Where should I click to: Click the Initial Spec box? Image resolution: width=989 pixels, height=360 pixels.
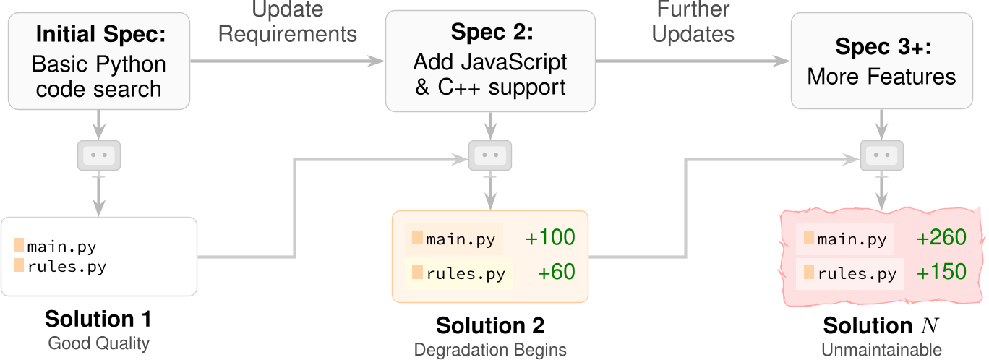coord(99,61)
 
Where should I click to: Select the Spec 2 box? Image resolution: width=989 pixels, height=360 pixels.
coord(490,61)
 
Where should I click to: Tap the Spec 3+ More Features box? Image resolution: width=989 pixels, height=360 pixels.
coord(881,61)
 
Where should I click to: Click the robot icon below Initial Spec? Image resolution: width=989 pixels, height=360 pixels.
coord(99,155)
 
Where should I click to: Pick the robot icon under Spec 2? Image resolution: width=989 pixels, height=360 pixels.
coord(491,155)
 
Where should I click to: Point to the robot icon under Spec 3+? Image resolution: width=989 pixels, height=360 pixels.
coord(881,155)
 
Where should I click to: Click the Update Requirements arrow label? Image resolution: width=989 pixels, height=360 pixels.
coord(288,22)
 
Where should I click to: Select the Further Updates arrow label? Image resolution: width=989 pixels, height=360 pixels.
coord(693,22)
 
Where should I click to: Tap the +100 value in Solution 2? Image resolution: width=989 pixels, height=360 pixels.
coord(550,238)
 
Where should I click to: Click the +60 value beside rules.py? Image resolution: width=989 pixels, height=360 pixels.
coord(556,273)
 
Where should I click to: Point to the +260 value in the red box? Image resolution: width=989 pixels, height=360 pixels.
coord(941,239)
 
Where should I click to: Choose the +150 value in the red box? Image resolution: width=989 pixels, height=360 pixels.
coord(941,273)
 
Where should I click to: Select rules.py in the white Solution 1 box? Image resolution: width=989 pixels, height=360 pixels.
coord(67,267)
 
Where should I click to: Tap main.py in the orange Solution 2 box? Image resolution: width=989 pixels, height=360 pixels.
coord(461,239)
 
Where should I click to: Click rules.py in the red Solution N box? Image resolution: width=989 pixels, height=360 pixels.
coord(857,274)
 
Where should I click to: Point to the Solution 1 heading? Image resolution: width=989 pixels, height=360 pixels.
coord(98,319)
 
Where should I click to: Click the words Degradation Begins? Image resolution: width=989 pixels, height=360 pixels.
coord(490,350)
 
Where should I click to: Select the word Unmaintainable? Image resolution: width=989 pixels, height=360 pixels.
coord(881,350)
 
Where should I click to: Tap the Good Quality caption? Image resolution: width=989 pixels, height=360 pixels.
coord(98,343)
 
